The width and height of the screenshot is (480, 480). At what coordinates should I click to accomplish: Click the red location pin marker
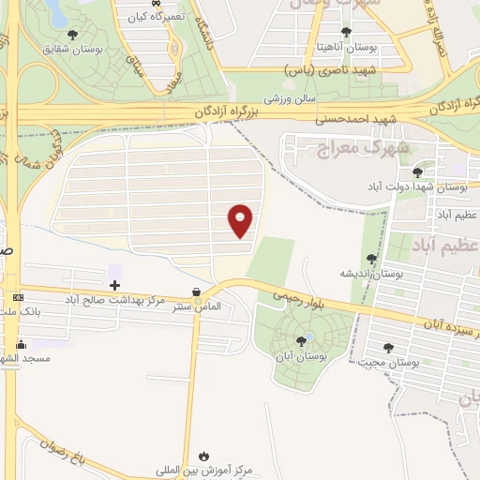coord(242,219)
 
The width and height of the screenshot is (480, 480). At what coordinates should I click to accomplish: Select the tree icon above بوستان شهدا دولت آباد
coord(417,172)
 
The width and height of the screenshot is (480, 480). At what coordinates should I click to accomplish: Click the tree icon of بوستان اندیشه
coord(372,258)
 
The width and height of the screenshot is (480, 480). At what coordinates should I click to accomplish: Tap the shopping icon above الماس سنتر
coord(194,292)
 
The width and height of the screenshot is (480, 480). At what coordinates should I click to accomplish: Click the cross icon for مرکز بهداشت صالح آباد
coord(114,285)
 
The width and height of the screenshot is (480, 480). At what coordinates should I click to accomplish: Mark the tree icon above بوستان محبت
coord(388,348)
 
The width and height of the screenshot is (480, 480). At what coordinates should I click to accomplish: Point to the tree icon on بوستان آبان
coord(301,341)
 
